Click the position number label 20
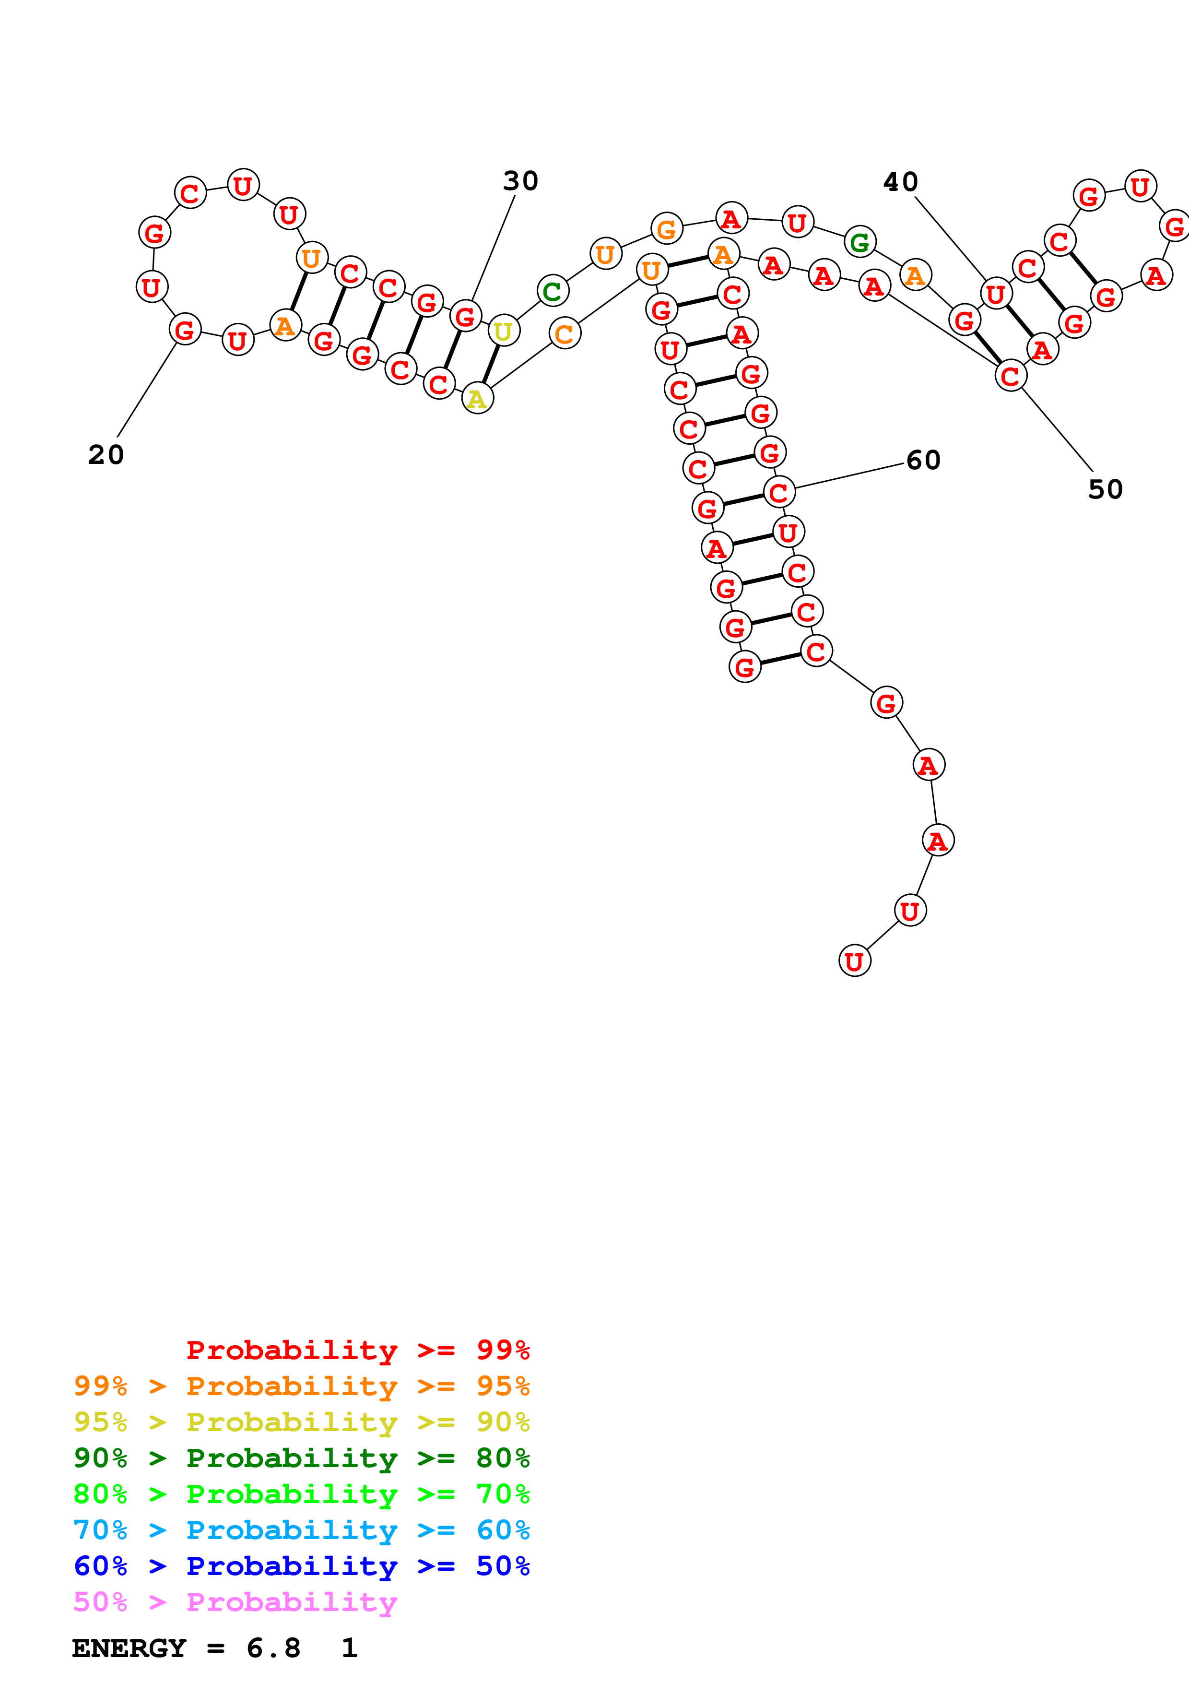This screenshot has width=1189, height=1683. (x=106, y=454)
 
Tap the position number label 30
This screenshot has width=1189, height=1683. (x=520, y=181)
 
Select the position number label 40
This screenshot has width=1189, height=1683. (x=900, y=182)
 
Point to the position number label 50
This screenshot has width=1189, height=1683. (x=1105, y=489)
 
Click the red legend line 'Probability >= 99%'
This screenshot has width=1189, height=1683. (x=357, y=1350)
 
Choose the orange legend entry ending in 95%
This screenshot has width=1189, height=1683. (x=301, y=1386)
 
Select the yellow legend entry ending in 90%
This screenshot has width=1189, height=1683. (x=301, y=1422)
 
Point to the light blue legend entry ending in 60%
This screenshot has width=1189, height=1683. (x=301, y=1530)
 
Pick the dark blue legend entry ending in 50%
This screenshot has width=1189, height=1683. (x=301, y=1566)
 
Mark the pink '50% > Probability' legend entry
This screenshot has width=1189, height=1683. (x=235, y=1601)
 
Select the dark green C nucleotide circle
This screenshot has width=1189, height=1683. (x=553, y=291)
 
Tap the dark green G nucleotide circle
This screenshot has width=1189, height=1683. (x=860, y=241)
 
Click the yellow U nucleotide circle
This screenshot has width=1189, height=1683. (x=503, y=332)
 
